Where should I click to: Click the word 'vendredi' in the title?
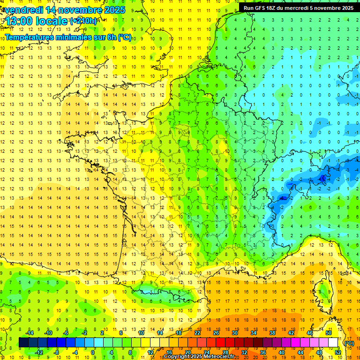pos(24,10)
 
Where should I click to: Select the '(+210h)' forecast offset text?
pos(83,21)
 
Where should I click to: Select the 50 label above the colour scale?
pos(328,332)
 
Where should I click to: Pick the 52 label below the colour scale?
pos(337,352)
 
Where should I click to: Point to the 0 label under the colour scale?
pos(93,352)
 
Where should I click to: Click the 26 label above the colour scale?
pos(216,332)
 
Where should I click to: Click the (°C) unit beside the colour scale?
pos(349,343)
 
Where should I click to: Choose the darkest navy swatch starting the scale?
pos(23,342)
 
